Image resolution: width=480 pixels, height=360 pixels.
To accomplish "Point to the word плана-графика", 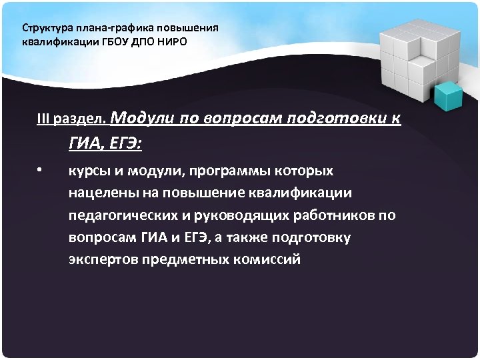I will pos(101,29).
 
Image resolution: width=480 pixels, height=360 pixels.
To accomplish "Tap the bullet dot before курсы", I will pos(40,170).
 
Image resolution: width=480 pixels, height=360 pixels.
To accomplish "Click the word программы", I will pos(226,171).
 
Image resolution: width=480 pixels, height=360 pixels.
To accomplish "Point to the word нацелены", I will pos(102,193).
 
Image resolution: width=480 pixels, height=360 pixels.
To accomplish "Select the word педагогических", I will pos(127,215).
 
